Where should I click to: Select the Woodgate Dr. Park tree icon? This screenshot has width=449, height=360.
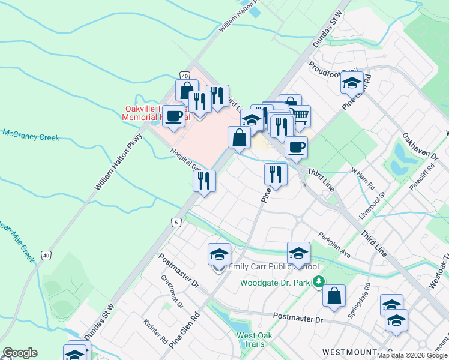click(x=319, y=281)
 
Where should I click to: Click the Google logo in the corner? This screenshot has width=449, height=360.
click(x=20, y=353)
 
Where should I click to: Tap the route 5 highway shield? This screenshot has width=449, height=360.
click(x=175, y=223)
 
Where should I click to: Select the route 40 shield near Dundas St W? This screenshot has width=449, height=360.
click(x=46, y=256)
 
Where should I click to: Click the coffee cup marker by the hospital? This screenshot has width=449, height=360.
click(x=173, y=116)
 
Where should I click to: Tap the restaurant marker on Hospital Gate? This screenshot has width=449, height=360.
click(x=204, y=181)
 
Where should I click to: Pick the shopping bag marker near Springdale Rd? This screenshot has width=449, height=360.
click(x=334, y=296)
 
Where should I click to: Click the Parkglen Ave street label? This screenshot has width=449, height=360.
click(x=334, y=245)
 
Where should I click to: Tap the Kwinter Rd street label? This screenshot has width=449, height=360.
click(x=155, y=331)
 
